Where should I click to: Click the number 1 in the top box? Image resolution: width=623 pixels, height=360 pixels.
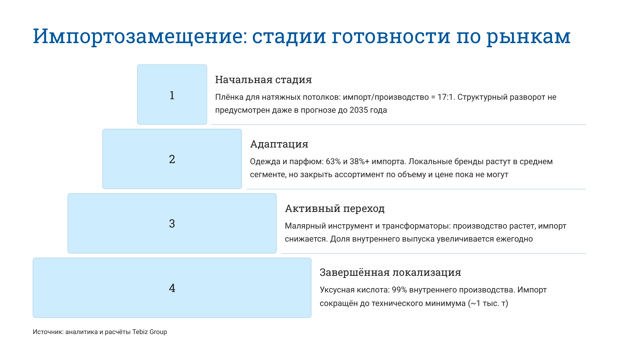tap(172, 95)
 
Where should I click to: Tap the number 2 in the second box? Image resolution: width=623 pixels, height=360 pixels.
tap(172, 159)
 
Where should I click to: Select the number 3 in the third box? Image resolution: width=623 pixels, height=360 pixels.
tap(172, 224)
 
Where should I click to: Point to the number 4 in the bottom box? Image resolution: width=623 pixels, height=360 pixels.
tap(172, 288)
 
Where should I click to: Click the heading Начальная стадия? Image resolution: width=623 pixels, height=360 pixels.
tap(263, 80)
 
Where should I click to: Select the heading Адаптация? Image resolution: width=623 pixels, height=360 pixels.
tap(279, 144)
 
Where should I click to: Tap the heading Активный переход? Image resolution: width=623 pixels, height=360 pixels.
tap(335, 209)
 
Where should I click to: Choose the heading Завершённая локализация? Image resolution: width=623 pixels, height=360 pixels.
tap(390, 272)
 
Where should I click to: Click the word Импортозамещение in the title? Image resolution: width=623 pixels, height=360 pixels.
tap(140, 36)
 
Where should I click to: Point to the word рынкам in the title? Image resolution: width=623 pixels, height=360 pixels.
tap(528, 36)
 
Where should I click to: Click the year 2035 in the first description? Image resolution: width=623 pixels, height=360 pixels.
tap(359, 110)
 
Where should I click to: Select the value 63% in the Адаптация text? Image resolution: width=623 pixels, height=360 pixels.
tap(333, 162)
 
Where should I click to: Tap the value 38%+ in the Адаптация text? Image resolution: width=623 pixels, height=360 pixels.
tap(360, 162)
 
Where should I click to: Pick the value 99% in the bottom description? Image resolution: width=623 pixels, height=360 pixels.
tap(399, 290)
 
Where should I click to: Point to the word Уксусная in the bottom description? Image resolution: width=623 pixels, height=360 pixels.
tap(337, 290)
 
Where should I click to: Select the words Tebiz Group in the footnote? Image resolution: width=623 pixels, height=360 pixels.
tap(150, 332)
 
